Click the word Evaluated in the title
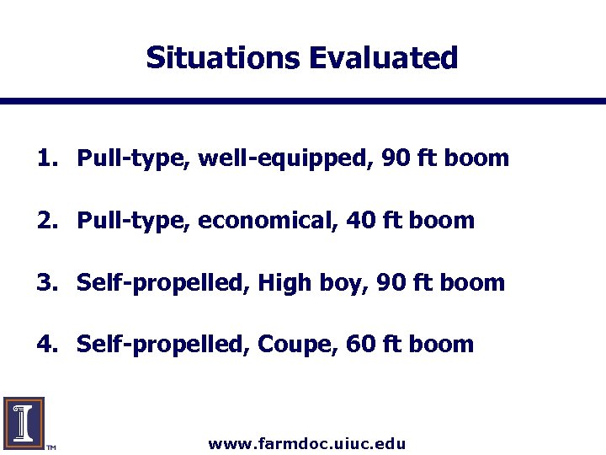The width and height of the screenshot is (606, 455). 383,58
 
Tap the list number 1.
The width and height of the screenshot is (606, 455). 45,158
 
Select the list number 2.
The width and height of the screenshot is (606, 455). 45,221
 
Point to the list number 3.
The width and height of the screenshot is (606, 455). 45,282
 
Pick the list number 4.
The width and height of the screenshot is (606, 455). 45,345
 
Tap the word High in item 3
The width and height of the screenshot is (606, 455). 284,283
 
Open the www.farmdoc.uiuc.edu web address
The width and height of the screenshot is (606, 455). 307,443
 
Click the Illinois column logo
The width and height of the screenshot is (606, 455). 24,421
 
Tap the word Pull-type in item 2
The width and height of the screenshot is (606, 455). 134,222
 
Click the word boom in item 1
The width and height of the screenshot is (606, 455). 479,158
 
